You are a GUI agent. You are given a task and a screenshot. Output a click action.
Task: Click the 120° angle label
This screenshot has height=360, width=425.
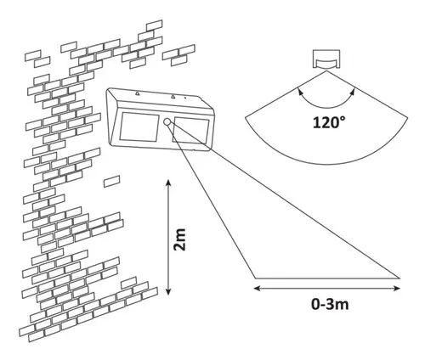click(x=329, y=123)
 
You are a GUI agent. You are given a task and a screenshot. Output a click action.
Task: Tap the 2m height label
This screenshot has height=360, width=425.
click(x=179, y=239)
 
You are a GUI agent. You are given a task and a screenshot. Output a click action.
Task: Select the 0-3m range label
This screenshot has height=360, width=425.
click(x=330, y=305)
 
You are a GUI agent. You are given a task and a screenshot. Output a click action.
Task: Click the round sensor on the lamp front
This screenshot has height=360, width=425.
click(x=167, y=122)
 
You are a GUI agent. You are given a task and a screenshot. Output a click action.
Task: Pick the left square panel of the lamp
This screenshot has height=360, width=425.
click(x=139, y=127)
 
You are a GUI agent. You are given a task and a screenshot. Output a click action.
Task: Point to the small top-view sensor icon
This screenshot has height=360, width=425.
click(x=326, y=59)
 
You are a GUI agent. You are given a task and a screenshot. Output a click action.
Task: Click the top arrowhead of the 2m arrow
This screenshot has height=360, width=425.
click(x=168, y=183)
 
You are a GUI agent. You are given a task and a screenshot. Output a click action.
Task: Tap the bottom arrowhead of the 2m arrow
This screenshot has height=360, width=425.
click(x=168, y=291)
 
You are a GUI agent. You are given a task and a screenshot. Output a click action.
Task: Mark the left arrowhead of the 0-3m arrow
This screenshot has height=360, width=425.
click(x=257, y=289)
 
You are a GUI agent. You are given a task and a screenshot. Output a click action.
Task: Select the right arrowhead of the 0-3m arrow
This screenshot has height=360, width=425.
click(x=397, y=289)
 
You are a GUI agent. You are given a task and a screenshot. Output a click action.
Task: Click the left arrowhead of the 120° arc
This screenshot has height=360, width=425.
click(x=299, y=92)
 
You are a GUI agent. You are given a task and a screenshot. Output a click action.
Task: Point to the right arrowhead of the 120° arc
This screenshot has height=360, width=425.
click(x=353, y=92)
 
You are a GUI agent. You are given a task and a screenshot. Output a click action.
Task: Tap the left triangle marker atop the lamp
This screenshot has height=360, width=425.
click(x=137, y=93)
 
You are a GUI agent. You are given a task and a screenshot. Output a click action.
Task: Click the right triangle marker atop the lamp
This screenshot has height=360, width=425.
click(x=173, y=97)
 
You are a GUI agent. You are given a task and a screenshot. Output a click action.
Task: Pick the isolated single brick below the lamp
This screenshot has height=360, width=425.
click(x=111, y=181)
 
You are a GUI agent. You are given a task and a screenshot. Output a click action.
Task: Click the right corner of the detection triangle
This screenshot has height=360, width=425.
click(x=399, y=278)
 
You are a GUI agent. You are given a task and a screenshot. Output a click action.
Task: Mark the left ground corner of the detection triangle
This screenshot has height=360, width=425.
click(x=255, y=278)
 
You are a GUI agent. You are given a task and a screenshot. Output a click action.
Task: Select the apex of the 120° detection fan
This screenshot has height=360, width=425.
click(x=326, y=70)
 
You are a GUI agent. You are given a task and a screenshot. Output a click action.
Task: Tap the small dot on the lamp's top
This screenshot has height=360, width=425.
click(x=185, y=98)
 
